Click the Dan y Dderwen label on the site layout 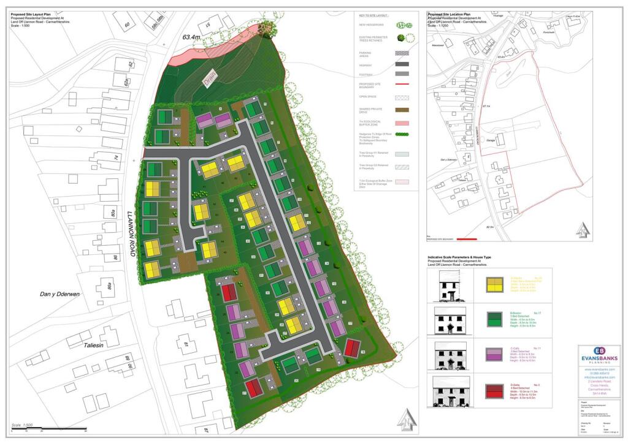(60, 295)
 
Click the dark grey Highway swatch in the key (401, 64)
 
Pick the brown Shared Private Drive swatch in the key (401, 110)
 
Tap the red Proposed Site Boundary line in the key (401, 84)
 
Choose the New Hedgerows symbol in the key (402, 25)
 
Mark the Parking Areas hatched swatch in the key (401, 53)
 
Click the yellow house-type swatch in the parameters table (492, 284)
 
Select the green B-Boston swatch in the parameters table (492, 319)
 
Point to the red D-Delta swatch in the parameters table (492, 390)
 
